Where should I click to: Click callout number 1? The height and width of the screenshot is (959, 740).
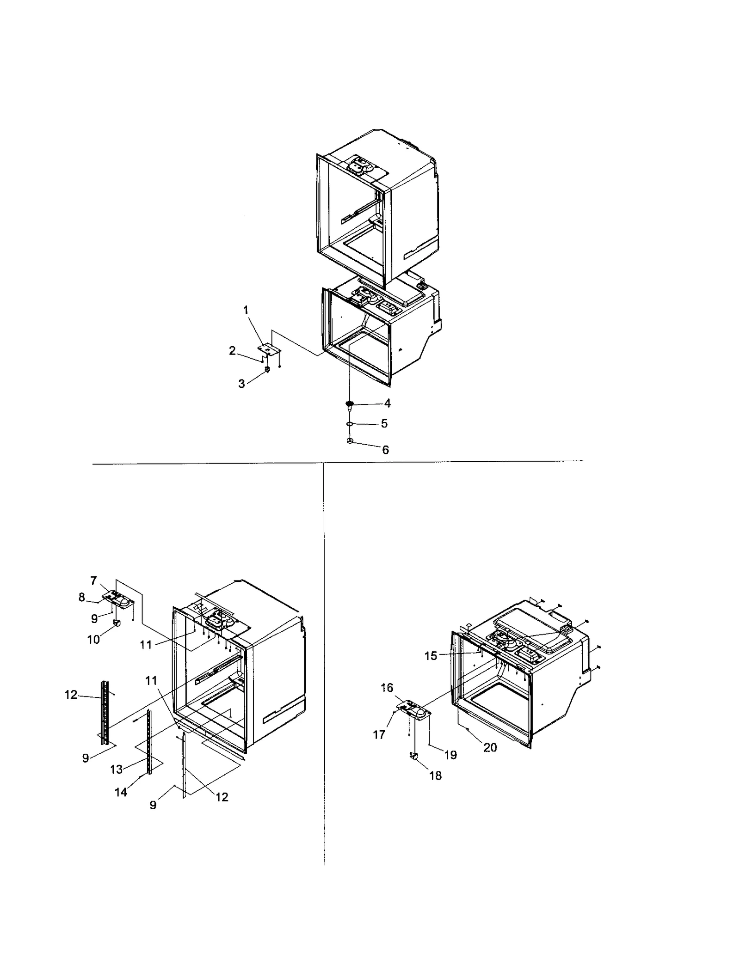(246, 310)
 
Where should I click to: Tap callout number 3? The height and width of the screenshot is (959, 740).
(241, 384)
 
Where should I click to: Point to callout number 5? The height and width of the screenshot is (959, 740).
(384, 423)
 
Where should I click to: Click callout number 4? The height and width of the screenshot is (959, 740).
(387, 403)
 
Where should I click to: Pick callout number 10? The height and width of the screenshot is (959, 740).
(93, 640)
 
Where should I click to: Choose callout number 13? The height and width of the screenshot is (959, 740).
(116, 769)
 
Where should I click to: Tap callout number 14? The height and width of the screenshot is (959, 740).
(121, 792)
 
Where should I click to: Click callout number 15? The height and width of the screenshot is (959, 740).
(431, 656)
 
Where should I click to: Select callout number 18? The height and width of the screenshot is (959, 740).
(436, 776)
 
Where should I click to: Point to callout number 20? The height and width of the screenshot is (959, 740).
(490, 747)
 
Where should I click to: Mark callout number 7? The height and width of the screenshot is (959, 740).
(94, 581)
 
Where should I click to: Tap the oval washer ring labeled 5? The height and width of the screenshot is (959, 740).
(350, 423)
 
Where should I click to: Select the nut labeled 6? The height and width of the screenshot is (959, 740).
(350, 441)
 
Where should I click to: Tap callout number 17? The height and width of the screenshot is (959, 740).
(379, 734)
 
